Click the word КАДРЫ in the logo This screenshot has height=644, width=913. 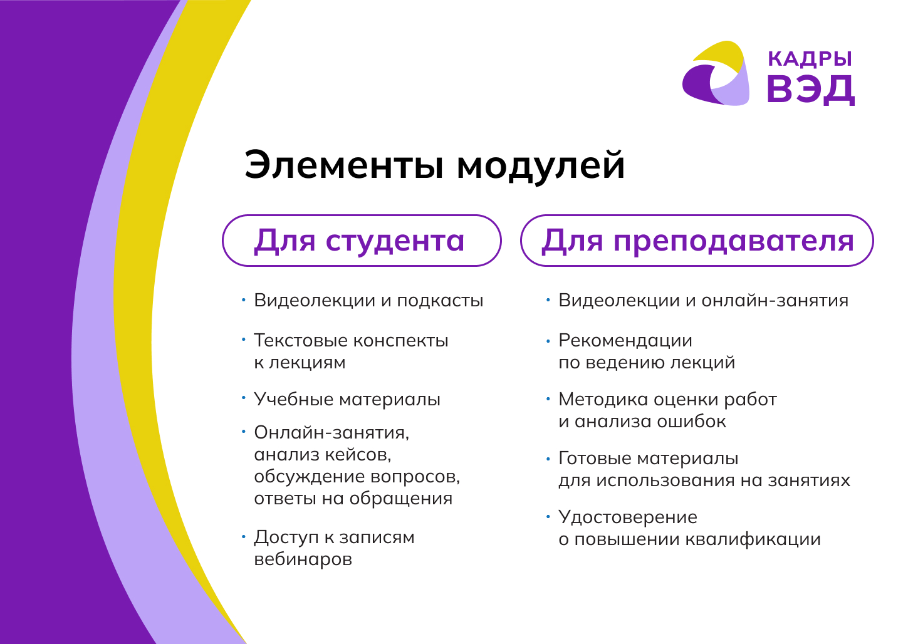tap(810, 59)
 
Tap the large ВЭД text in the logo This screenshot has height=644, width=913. tap(811, 90)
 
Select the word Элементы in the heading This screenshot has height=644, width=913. tap(343, 165)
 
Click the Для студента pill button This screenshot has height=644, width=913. tap(362, 241)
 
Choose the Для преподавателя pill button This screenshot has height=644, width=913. tap(697, 241)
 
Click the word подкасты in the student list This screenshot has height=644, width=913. tap(440, 301)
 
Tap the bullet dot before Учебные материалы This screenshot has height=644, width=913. tap(244, 398)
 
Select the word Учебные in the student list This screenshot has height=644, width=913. tap(293, 399)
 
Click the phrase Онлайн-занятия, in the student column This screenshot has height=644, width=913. tap(331, 433)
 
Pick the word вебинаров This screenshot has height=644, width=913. tap(303, 559)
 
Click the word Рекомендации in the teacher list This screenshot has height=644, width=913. tap(625, 340)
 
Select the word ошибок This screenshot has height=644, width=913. tap(691, 421)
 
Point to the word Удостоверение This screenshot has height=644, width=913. tap(628, 517)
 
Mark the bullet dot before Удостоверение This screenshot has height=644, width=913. tap(548, 517)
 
